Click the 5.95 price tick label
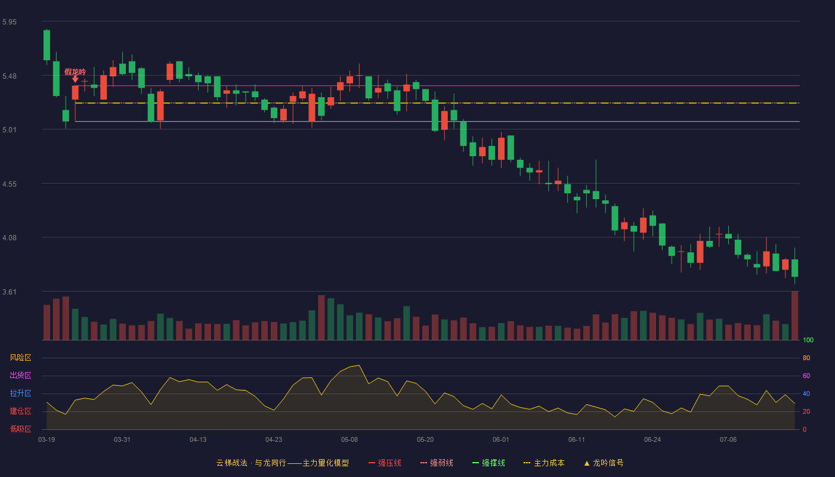pyautogui.click(x=10, y=22)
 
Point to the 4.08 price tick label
pyautogui.click(x=10, y=238)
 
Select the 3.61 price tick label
pyautogui.click(x=10, y=292)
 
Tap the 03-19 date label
pyautogui.click(x=47, y=440)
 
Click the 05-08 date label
pyautogui.click(x=350, y=440)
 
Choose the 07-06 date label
pyautogui.click(x=728, y=440)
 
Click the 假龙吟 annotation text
pyautogui.click(x=75, y=72)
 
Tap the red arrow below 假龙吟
pyautogui.click(x=75, y=79)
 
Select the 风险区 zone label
pyautogui.click(x=20, y=358)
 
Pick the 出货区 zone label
pyautogui.click(x=20, y=375)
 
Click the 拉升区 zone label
pyautogui.click(x=20, y=393)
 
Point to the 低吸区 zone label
pyautogui.click(x=20, y=429)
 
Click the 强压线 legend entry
pyautogui.click(x=385, y=463)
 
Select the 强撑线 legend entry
pyautogui.click(x=488, y=463)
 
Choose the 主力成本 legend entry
pyautogui.click(x=544, y=463)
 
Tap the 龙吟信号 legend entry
pyautogui.click(x=604, y=463)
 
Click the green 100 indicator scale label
pyautogui.click(x=808, y=340)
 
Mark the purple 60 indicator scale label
pyautogui.click(x=806, y=376)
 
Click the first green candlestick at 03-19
pyautogui.click(x=47, y=45)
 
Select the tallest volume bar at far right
pyautogui.click(x=794, y=315)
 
